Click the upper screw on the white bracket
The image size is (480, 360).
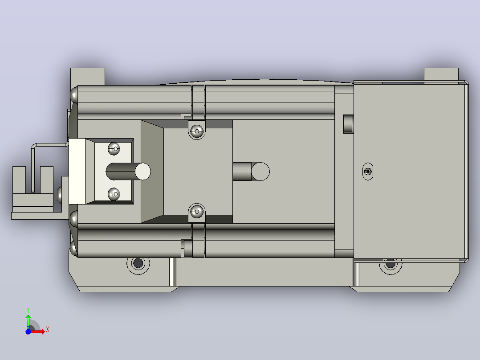114,149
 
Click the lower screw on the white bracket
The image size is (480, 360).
114,194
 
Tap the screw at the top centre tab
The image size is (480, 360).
196,131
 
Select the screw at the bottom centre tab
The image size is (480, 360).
196,212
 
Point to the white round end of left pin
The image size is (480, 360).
142,172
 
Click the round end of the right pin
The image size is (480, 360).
260,172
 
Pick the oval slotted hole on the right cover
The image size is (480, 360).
368,172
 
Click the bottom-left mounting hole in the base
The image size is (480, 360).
138,263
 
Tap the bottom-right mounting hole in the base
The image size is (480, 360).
391,264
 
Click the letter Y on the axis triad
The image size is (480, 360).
28,310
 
